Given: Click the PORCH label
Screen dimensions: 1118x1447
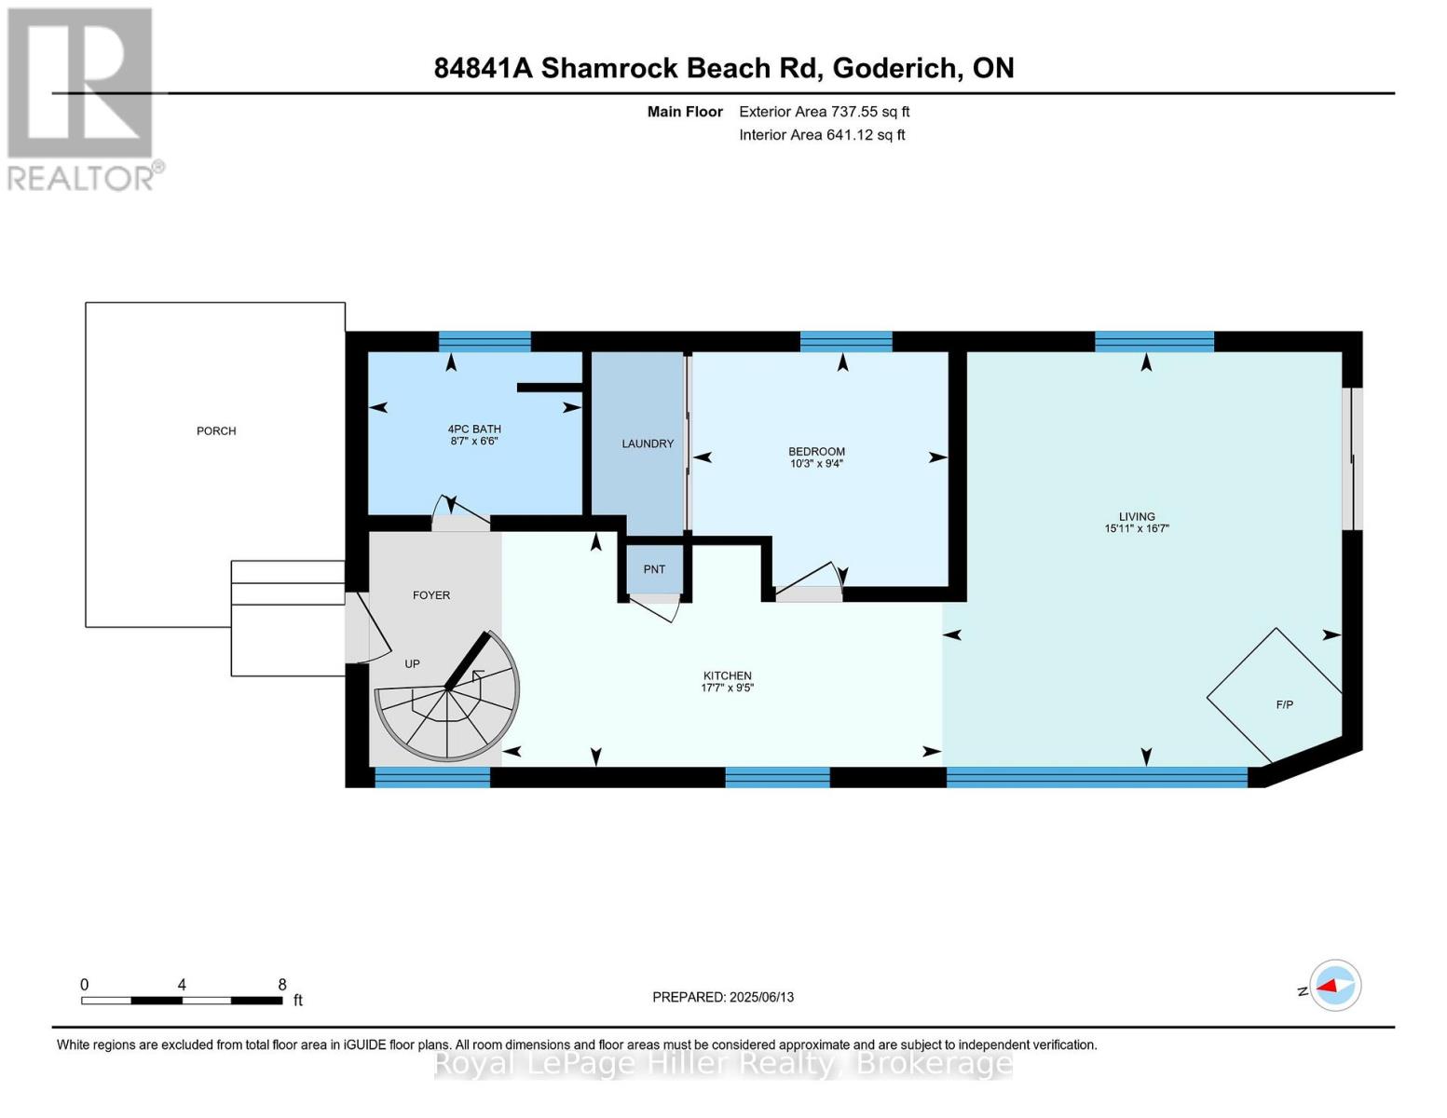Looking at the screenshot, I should pyautogui.click(x=216, y=430).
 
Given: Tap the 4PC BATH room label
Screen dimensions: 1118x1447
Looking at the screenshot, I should pyautogui.click(x=474, y=429).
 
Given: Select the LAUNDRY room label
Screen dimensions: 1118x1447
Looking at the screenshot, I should pyautogui.click(x=648, y=443).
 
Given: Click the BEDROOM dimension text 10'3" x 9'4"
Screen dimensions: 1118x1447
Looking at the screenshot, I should pyautogui.click(x=816, y=464).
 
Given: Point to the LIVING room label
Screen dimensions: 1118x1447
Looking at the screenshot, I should pyautogui.click(x=1137, y=516).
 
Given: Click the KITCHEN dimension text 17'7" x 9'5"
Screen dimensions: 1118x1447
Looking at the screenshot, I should pyautogui.click(x=727, y=689).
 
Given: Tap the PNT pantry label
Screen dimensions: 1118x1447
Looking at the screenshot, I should pyautogui.click(x=654, y=569).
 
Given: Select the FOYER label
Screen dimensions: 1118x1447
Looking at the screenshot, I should pyautogui.click(x=431, y=594).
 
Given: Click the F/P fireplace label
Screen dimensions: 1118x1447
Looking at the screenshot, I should pyautogui.click(x=1284, y=704).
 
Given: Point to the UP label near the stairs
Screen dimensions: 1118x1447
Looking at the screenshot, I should pyautogui.click(x=412, y=663).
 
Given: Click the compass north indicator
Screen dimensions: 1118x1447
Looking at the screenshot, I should pyautogui.click(x=1334, y=986).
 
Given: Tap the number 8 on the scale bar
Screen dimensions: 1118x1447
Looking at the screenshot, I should pyautogui.click(x=282, y=985).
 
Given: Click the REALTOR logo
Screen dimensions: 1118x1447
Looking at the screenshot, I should pyautogui.click(x=82, y=98).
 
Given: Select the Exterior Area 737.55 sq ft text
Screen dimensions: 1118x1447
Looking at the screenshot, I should pyautogui.click(x=824, y=112).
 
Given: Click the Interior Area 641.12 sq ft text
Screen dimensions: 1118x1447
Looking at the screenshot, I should pyautogui.click(x=822, y=135).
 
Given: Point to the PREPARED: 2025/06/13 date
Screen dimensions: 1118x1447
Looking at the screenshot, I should pyautogui.click(x=723, y=997).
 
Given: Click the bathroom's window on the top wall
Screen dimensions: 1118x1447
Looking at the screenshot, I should pyautogui.click(x=485, y=341).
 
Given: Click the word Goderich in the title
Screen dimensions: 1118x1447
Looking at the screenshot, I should pyautogui.click(x=894, y=68).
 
